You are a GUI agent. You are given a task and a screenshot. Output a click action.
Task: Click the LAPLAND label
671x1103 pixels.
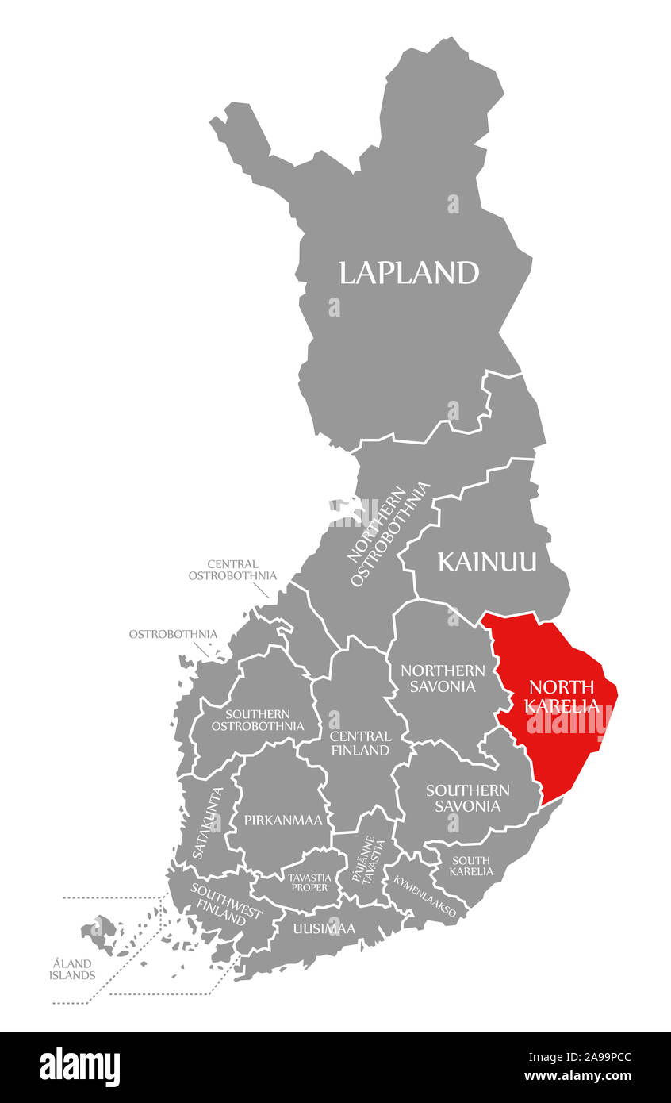[408, 273]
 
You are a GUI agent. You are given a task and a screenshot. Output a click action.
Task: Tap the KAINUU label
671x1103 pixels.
[487, 563]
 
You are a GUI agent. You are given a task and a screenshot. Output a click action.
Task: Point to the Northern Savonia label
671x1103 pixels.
[443, 678]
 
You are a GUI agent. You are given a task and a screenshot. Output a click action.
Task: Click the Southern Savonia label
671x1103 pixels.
[467, 797]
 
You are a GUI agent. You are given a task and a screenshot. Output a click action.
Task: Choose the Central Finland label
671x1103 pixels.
[359, 743]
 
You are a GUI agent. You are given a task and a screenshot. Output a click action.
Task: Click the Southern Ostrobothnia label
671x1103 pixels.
[257, 720]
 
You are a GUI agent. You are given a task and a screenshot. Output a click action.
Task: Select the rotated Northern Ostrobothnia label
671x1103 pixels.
[389, 534]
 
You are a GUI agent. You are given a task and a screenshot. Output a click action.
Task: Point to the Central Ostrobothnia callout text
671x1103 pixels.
[232, 570]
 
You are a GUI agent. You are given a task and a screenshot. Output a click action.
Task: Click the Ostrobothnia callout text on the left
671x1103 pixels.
[173, 634]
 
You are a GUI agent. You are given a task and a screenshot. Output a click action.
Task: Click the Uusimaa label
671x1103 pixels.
[324, 928]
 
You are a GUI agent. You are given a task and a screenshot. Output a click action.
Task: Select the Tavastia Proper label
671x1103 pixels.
[308, 882]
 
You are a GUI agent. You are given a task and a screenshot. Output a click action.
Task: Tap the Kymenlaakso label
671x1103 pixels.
[424, 896]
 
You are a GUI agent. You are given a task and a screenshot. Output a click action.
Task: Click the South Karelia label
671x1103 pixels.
[471, 866]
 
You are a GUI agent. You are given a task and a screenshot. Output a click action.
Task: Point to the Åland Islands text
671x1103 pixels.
[72, 969]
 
